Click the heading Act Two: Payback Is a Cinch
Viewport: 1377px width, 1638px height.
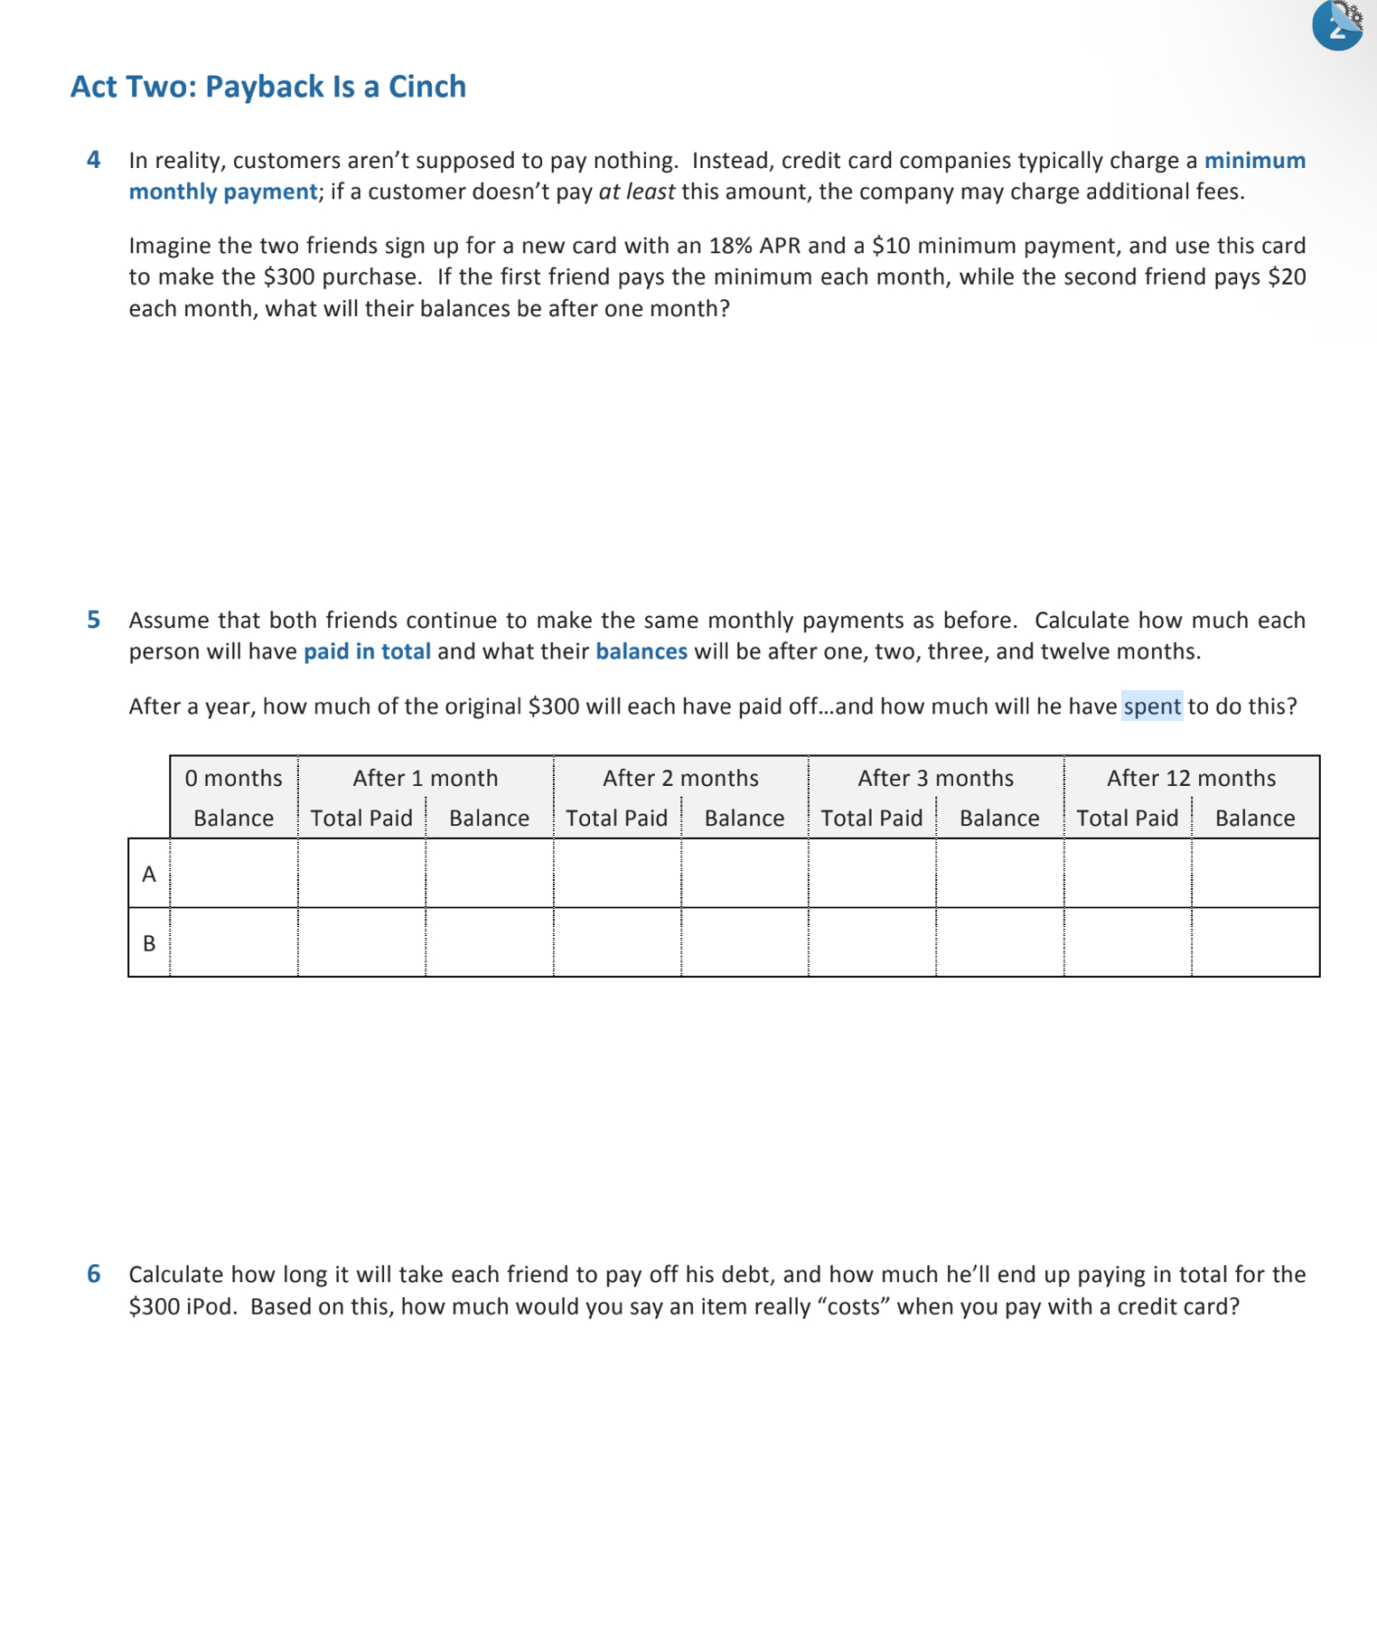click(x=268, y=87)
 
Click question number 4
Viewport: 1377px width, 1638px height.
click(x=94, y=160)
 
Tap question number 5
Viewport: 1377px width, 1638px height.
click(x=94, y=620)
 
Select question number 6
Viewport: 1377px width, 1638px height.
click(x=94, y=1274)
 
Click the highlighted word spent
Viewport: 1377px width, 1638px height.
click(x=1152, y=706)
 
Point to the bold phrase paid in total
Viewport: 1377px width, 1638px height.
click(x=367, y=651)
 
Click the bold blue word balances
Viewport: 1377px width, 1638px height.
click(x=642, y=651)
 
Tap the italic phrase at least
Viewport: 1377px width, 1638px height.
click(x=636, y=192)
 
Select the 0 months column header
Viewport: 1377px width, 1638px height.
click(x=233, y=778)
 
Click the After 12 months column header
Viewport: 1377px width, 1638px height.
click(x=1191, y=778)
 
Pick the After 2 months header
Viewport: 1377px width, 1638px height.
click(x=680, y=778)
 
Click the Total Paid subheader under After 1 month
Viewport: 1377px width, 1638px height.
click(x=361, y=818)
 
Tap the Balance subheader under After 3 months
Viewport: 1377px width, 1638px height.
click(x=999, y=818)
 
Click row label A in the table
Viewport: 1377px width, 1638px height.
click(x=149, y=874)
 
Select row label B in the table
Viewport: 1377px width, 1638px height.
click(x=149, y=943)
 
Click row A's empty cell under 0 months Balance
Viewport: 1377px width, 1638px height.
click(x=233, y=874)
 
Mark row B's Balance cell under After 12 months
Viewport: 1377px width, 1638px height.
click(x=1255, y=943)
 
